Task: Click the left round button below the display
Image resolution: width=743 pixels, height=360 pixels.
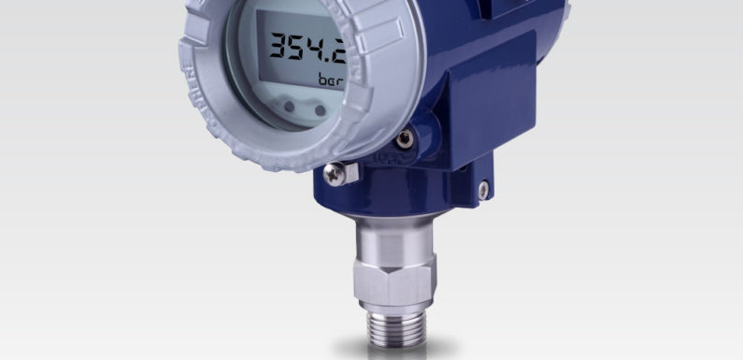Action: tap(289, 108)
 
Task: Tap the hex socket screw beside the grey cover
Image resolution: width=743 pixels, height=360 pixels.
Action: tap(404, 137)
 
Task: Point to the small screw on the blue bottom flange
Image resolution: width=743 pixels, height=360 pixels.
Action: tap(483, 190)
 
